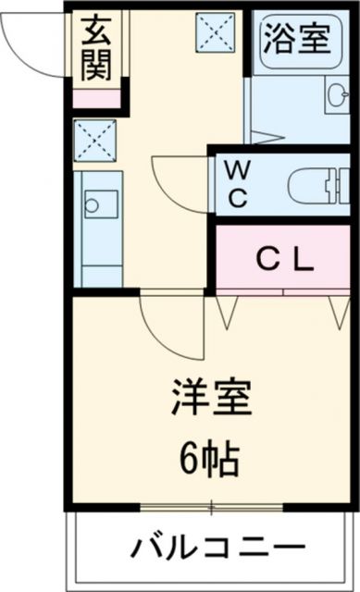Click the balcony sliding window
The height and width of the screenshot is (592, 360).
[x=212, y=506]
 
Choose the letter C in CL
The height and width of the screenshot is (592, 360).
[x=266, y=258]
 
